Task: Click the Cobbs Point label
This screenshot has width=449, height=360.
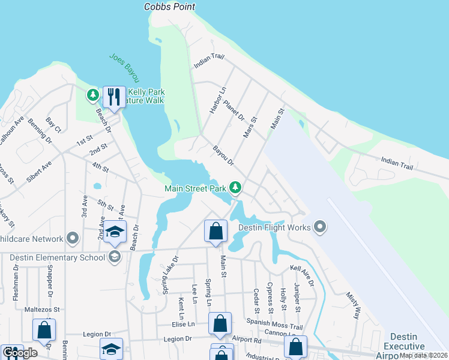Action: tap(170, 7)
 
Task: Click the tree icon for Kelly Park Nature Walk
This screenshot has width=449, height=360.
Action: tap(92, 94)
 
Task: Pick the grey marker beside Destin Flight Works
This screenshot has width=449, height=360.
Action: tap(320, 227)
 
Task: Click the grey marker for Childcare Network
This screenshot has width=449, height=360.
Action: tap(73, 238)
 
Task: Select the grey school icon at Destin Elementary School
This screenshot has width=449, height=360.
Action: tap(113, 257)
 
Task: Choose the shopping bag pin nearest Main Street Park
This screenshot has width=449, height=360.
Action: tap(215, 231)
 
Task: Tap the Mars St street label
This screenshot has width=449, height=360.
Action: tap(250, 127)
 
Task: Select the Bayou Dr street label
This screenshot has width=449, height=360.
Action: tap(221, 155)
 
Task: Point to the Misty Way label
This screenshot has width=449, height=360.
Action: tap(353, 305)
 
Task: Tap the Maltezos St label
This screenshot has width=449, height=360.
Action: tap(43, 310)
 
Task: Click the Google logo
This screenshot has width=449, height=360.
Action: tap(20, 353)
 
